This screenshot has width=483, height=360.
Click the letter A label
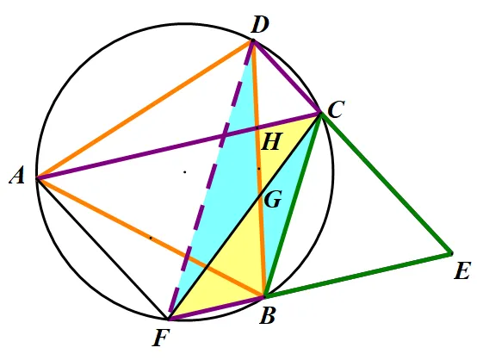17,177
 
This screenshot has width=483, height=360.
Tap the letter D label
260,25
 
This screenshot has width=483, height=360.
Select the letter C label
336,109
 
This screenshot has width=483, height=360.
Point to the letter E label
462,271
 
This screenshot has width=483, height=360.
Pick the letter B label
267,316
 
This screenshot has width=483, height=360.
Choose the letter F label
161,338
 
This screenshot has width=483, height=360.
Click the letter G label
273,200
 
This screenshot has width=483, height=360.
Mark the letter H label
271,142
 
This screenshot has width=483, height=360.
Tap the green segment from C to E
387,183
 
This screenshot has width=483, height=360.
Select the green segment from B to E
358,276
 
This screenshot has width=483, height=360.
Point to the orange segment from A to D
145,109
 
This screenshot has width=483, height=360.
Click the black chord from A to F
102,248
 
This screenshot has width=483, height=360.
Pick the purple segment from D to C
287,77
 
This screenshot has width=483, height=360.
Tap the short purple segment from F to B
217,308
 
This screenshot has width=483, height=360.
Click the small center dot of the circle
185,172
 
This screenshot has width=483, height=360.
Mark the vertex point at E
451,254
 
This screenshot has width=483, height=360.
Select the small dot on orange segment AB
151,238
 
